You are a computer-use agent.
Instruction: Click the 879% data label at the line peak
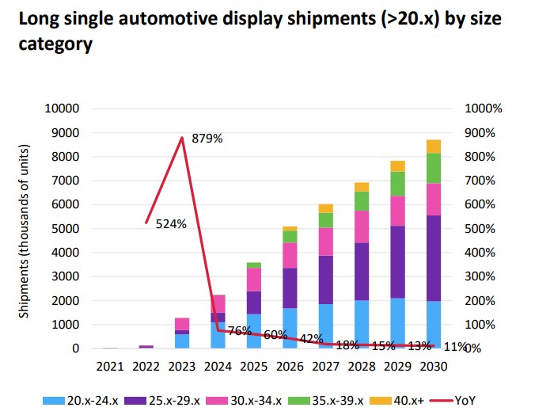(207, 139)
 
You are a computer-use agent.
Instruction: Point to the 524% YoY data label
(170, 224)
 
